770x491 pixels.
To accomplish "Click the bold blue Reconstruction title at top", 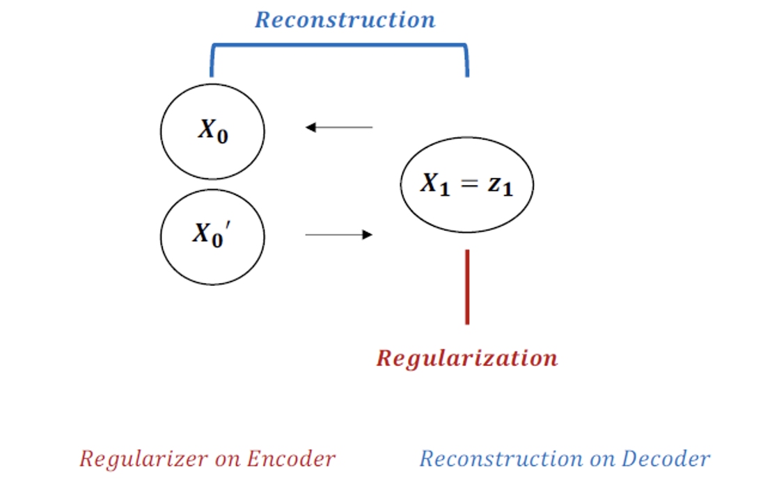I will click(x=345, y=19).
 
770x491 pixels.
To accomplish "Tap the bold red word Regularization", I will click(x=467, y=358).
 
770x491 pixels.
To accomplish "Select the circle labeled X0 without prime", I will click(x=212, y=131).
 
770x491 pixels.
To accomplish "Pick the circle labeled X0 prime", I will click(x=212, y=236).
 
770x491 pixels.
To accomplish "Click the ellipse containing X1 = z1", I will click(x=467, y=184).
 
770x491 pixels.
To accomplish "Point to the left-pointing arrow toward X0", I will click(x=339, y=127).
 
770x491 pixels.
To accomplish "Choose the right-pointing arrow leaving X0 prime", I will click(x=339, y=235).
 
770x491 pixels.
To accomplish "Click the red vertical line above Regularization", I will click(x=467, y=287).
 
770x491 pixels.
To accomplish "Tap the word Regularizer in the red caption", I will click(x=133, y=459).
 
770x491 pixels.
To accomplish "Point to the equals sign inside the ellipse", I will click(x=467, y=184).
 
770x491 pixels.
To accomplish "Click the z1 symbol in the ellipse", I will click(x=499, y=185).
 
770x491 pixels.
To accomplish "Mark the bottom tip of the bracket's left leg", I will click(x=212, y=75).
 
